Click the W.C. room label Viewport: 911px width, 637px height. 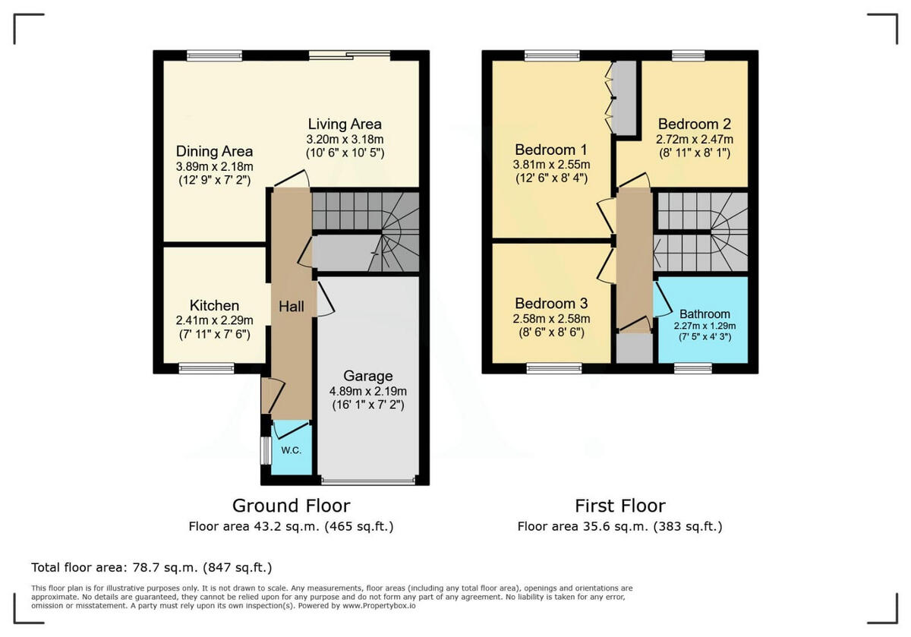292,450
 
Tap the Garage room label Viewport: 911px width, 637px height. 368,376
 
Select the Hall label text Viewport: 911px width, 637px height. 292,307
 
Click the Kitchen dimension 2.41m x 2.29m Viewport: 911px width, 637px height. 214,320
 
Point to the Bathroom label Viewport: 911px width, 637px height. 705,314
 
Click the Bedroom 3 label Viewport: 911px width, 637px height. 552,304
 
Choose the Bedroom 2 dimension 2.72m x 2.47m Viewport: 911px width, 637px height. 695,139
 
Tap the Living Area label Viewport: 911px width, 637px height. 345,124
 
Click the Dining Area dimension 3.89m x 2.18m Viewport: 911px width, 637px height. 214,166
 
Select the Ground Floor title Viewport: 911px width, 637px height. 291,506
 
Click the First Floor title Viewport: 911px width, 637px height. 619,506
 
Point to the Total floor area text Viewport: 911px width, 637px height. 151,567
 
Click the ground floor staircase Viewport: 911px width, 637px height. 366,231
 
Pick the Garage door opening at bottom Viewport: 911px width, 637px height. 368,481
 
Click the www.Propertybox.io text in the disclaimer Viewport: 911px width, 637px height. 378,606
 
